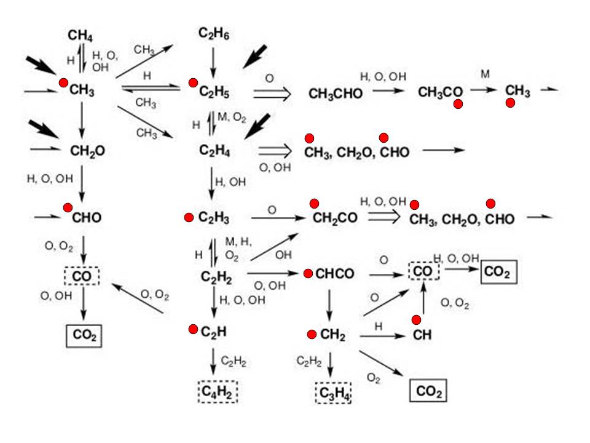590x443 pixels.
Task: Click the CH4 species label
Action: point(80,36)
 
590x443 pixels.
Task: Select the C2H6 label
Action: point(214,33)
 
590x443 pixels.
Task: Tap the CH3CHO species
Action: point(336,94)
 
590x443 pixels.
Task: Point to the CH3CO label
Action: point(440,92)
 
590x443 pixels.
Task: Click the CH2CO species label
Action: point(335,218)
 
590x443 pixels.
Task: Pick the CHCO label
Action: point(334,273)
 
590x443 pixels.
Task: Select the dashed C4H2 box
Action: point(218,392)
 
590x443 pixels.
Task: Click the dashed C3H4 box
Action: point(333,393)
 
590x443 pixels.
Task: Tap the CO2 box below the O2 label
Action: point(428,391)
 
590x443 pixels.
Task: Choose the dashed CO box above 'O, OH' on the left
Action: point(82,276)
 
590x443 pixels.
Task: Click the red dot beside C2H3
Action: point(189,217)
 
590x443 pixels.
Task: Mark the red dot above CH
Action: point(416,320)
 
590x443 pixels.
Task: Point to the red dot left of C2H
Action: point(193,329)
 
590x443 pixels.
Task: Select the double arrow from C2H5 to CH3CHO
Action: point(272,94)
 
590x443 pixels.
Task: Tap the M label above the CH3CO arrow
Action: point(486,74)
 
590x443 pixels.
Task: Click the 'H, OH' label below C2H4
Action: point(230,182)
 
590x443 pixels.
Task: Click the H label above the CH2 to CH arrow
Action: point(379,326)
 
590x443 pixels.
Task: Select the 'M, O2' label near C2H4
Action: point(232,118)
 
